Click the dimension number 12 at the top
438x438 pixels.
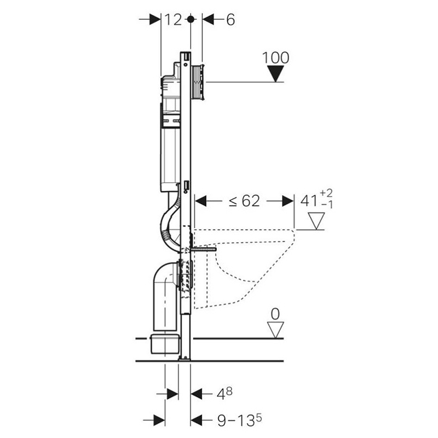[x=173, y=20]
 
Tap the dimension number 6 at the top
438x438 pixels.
[x=230, y=20]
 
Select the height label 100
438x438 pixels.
[x=276, y=58]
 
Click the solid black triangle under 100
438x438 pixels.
[x=276, y=74]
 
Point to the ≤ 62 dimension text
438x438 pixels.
[x=244, y=201]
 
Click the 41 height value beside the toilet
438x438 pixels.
[x=309, y=201]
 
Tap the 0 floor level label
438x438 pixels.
[x=275, y=314]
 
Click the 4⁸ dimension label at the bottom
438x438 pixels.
[x=224, y=394]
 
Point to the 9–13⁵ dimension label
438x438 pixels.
[x=239, y=420]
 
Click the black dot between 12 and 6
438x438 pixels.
[x=191, y=19]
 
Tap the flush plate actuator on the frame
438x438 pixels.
[x=199, y=82]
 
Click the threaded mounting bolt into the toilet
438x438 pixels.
[x=203, y=249]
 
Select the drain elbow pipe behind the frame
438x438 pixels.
[x=165, y=293]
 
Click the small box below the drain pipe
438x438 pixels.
[x=164, y=343]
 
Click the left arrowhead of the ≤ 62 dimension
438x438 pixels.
[x=200, y=201]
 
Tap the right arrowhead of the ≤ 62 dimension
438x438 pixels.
[x=288, y=201]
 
